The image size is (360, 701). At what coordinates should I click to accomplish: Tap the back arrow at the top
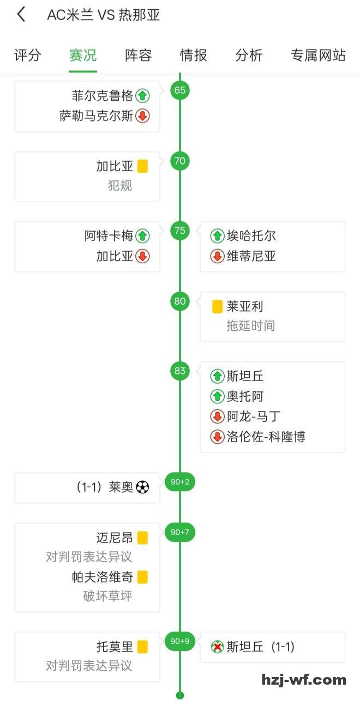coord(21,15)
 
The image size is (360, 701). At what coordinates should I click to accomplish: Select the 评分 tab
coord(27,55)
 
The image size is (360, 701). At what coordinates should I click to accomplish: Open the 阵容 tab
coord(138,55)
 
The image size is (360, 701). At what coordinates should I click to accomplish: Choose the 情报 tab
coord(194,55)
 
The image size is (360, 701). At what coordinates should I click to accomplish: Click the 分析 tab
coord(249,55)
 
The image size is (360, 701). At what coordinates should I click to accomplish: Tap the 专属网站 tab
coord(318,55)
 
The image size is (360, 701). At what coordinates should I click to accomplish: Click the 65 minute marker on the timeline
coord(180,90)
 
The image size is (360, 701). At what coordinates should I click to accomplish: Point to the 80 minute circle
coord(180,301)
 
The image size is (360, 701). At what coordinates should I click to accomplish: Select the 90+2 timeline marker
coord(180,482)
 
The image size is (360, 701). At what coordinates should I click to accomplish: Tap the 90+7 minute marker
coord(180,532)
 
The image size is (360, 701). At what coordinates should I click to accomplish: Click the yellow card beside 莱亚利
coord(217,306)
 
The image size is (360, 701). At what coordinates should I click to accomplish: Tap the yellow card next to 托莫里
coord(142,647)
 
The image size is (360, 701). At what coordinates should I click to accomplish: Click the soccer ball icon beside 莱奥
coord(142,487)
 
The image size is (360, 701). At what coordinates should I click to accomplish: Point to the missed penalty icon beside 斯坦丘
coord(217,647)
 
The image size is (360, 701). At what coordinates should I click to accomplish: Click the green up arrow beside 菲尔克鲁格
coord(142,96)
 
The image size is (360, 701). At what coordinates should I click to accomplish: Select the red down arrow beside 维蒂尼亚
coord(217,256)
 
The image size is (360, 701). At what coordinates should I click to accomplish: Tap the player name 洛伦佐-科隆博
coord(266,437)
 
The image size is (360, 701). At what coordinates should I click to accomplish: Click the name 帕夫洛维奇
coord(103,577)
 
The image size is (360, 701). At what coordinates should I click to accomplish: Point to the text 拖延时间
coord(251,326)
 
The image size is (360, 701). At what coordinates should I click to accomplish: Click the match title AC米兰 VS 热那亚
coord(104,15)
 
